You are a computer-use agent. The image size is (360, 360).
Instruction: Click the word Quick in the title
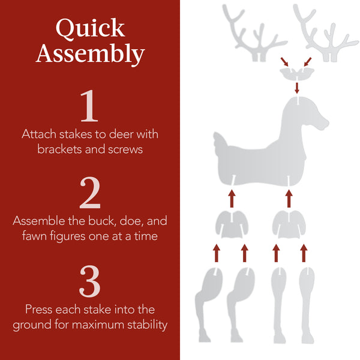[90, 28]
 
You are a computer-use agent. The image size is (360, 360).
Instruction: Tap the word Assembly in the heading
[90, 54]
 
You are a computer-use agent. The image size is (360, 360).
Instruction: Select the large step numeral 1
[89, 106]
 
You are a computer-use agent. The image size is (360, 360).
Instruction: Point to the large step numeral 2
[90, 194]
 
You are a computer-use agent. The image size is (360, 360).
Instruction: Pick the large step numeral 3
[90, 281]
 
